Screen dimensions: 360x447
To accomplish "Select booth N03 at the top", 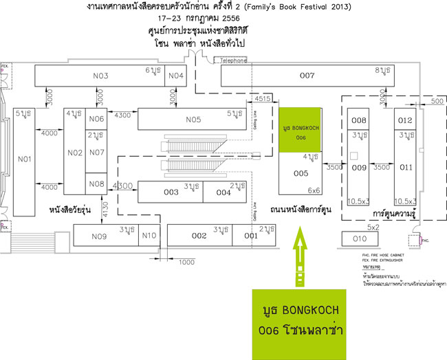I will (x=100, y=76).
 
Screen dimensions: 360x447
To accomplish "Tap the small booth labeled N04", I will (x=177, y=76).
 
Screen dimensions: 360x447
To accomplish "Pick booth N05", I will (x=193, y=119).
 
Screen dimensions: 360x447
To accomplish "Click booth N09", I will (x=100, y=236).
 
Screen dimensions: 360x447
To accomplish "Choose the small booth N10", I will (x=149, y=236).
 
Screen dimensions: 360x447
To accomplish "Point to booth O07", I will (x=307, y=76).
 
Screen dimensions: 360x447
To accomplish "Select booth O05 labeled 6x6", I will (x=301, y=173).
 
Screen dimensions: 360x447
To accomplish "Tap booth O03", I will (x=171, y=192).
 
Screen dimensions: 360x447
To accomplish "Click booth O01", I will (x=251, y=236).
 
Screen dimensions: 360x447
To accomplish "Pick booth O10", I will (x=360, y=239).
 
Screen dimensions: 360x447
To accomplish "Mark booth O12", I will (x=405, y=120).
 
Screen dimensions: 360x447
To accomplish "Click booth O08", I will (x=359, y=120).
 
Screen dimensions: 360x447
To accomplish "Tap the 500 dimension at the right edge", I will (x=433, y=102).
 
